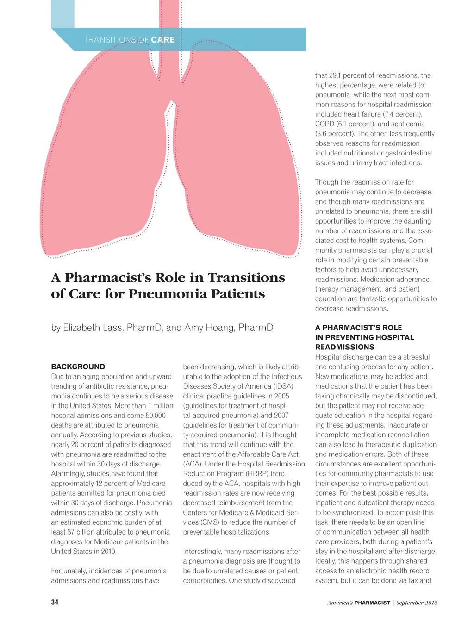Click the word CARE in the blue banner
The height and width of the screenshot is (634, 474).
[x=162, y=40]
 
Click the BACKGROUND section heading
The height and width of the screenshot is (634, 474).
[x=78, y=367]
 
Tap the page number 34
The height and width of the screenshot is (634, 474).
[x=55, y=602]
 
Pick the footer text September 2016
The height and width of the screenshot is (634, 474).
[x=417, y=603]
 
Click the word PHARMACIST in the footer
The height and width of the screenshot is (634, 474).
[x=372, y=603]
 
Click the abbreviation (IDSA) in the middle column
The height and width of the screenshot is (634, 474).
[x=286, y=386]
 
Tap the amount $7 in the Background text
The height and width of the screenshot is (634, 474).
[x=71, y=532]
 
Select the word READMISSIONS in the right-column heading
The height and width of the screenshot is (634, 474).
[x=345, y=347]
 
